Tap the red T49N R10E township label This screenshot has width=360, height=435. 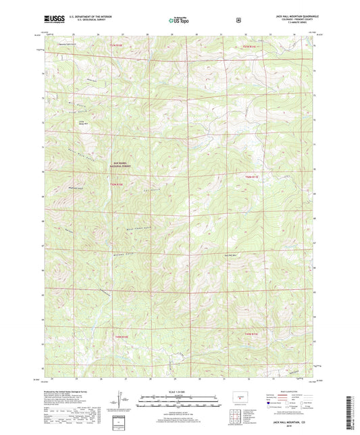click(119, 336)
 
